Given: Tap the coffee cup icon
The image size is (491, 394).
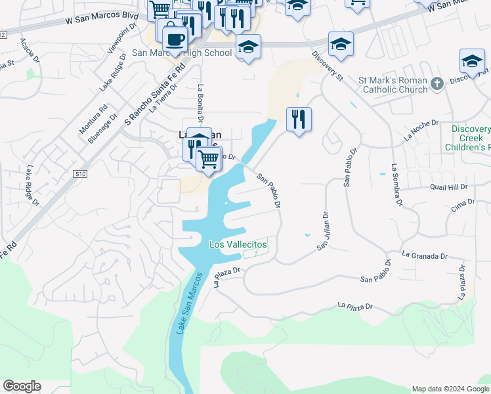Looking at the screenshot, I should pyautogui.click(x=174, y=38).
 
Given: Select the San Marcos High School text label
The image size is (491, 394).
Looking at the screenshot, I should pyautogui.click(x=182, y=53).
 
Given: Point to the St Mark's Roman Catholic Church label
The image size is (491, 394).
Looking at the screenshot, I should pyautogui.click(x=393, y=85).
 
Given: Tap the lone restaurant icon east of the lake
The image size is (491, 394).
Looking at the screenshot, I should pyautogui.click(x=299, y=120).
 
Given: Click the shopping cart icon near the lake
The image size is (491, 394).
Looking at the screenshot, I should pyautogui.click(x=209, y=158).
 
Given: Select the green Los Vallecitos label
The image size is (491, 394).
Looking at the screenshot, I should pyautogui.click(x=238, y=244).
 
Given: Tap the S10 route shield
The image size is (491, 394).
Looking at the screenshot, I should pyautogui.click(x=80, y=174).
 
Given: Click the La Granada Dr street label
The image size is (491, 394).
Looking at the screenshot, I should pyautogui.click(x=425, y=255).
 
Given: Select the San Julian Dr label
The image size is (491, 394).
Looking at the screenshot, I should pyautogui.click(x=323, y=230).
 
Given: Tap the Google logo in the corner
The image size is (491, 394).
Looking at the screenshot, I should pyautogui.click(x=22, y=386).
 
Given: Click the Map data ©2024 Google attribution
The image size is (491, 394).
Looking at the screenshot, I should pyautogui.click(x=450, y=389).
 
